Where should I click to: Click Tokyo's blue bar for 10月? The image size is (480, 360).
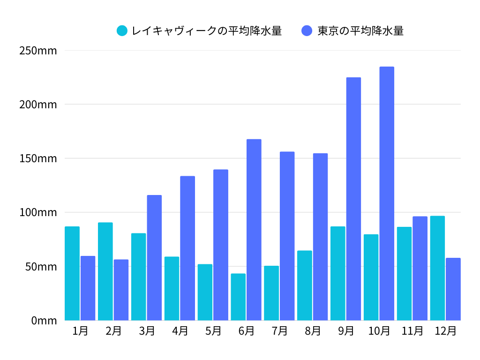tap(387, 193)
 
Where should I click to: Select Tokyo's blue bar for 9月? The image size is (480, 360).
tap(353, 199)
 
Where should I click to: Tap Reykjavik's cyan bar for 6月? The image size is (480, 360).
tap(238, 297)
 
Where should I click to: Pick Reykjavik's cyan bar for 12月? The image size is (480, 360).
tap(437, 268)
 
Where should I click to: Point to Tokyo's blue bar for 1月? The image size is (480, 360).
tap(88, 288)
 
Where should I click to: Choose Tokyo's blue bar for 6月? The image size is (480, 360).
tap(254, 230)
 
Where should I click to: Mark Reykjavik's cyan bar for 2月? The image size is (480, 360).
tap(105, 271)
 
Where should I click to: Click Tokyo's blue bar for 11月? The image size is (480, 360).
tap(420, 268)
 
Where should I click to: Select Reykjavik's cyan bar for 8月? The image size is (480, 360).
tap(305, 285)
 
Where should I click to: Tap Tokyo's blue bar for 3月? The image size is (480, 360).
tap(154, 257)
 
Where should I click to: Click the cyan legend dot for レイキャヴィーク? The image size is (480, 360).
tap(122, 31)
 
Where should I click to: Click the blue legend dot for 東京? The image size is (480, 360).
tap(307, 31)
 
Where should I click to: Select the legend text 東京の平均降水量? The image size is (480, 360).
tap(360, 31)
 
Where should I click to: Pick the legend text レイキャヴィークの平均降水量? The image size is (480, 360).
tap(207, 31)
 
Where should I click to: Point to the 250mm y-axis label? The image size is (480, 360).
tap(38, 51)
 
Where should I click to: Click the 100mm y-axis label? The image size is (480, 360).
tap(38, 212)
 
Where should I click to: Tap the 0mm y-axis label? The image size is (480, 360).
tap(44, 321)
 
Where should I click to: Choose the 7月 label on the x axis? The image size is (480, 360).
tap(279, 331)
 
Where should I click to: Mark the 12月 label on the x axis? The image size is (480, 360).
tap(445, 331)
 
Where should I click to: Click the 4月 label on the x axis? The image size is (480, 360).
tap(180, 331)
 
